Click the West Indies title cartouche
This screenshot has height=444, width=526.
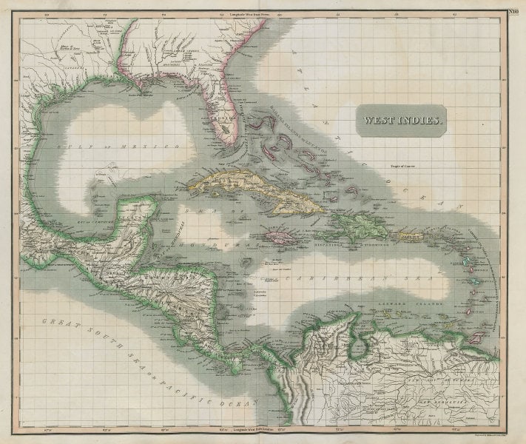point(401,118)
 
